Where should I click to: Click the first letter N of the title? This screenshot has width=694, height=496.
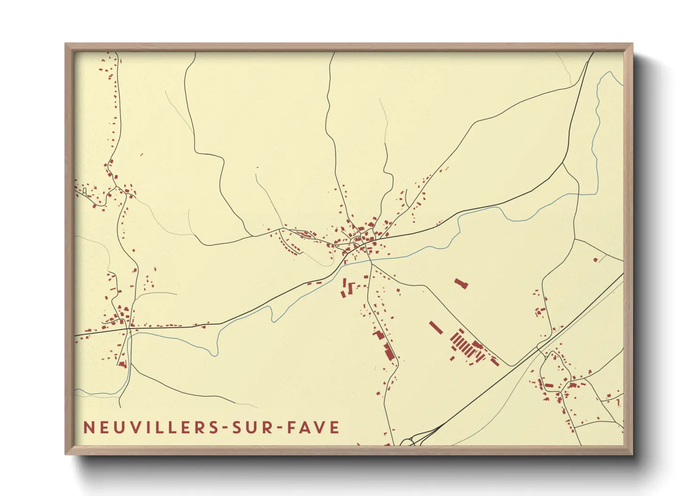(x=88, y=428)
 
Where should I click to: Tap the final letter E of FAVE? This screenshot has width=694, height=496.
(x=335, y=428)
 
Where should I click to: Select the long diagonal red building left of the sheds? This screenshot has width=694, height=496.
(x=436, y=327)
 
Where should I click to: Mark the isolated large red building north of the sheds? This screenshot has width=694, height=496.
(x=461, y=283)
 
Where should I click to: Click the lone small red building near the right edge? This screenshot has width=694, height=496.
(x=596, y=260)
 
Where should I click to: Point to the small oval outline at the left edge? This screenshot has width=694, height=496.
(x=84, y=191)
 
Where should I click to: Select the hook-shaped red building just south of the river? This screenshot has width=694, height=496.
(x=352, y=286)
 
